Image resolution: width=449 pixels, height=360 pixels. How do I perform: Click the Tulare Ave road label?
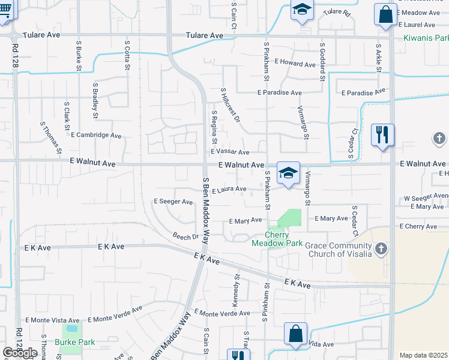click(204, 35)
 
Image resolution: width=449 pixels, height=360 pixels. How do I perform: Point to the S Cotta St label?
click(127, 55)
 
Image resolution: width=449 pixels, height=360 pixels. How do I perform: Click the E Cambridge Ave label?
click(96, 135)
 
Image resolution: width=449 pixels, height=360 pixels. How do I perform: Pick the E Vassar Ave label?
click(230, 152)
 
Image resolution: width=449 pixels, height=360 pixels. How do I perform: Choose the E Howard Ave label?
click(295, 64)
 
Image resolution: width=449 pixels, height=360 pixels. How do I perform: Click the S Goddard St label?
click(322, 62)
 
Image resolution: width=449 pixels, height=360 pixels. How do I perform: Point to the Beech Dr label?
click(185, 236)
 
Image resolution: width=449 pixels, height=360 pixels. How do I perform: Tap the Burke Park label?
click(75, 342)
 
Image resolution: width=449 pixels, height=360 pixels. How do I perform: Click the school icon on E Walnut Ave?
click(288, 174)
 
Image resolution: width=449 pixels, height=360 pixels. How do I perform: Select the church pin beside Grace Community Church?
click(381, 248)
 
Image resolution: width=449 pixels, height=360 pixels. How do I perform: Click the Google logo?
click(20, 353)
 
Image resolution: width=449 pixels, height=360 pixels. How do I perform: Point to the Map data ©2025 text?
click(424, 355)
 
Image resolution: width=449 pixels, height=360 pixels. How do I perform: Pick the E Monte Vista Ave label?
click(52, 321)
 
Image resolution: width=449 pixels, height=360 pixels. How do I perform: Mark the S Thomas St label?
click(52, 137)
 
